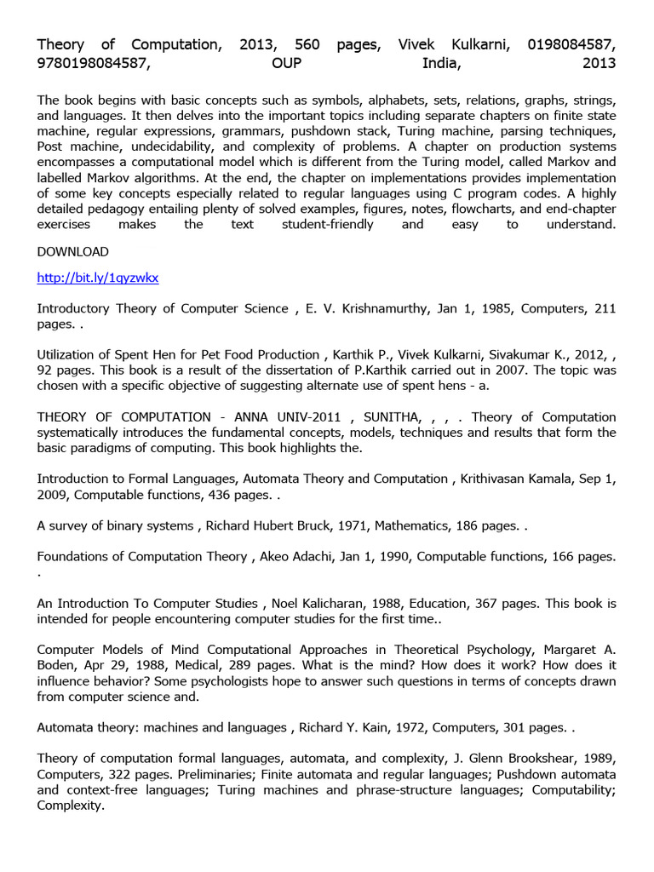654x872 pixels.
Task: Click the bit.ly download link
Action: click(98, 278)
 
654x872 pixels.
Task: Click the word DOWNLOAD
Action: click(73, 251)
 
